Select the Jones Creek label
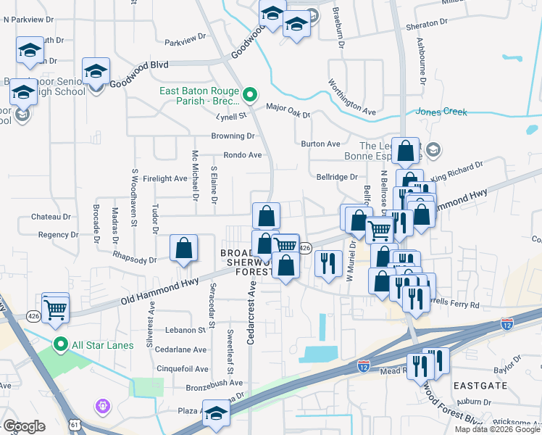[441, 112]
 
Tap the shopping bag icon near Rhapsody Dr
[184, 248]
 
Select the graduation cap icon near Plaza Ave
[216, 413]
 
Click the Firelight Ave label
[165, 178]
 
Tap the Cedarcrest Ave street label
[251, 312]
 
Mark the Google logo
[24, 426]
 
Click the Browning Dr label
[233, 136]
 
